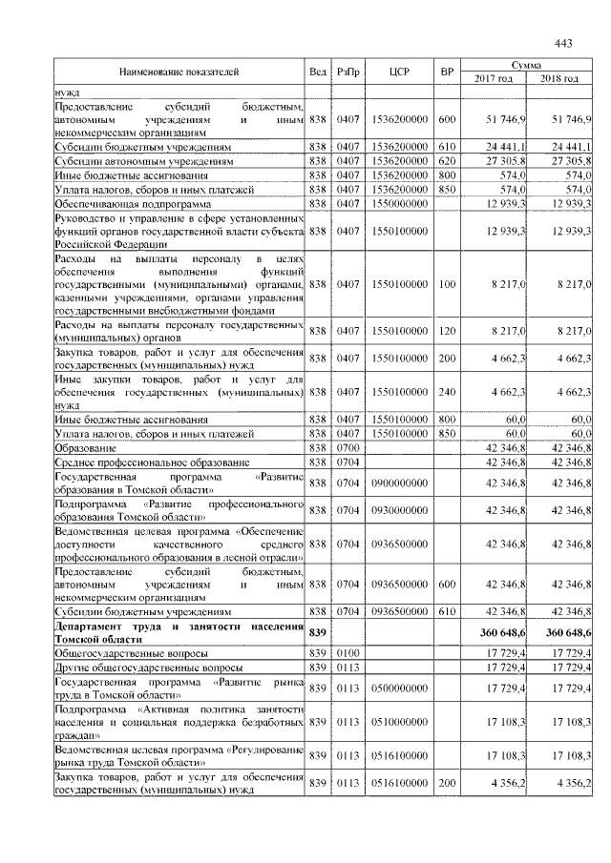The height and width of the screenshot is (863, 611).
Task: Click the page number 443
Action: coord(562,43)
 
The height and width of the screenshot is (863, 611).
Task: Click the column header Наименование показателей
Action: coord(179,72)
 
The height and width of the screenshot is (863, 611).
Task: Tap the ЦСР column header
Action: coord(400,72)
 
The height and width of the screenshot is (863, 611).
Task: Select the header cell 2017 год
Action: coord(494,78)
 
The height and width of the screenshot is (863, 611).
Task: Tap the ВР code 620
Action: coord(446,162)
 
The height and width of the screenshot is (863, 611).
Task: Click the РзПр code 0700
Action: coord(348,447)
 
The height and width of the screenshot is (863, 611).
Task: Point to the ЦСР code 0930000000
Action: coord(400,510)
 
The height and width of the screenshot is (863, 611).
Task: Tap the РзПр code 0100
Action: coord(348,653)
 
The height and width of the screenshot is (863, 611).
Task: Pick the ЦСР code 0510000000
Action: coord(400,723)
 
